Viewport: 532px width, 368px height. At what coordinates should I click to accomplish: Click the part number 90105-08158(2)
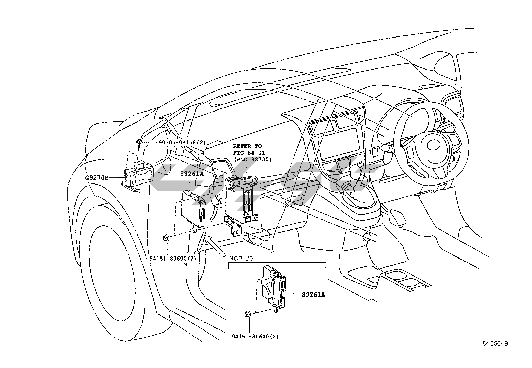pyautogui.click(x=182, y=142)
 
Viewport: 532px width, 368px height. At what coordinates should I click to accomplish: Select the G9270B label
pyautogui.click(x=97, y=178)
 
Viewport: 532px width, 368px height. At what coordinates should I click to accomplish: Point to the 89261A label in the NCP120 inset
pyautogui.click(x=313, y=295)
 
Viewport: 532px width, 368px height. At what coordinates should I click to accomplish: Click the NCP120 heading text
pyautogui.click(x=241, y=258)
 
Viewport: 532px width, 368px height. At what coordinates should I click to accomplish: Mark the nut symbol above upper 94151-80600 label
pyautogui.click(x=165, y=238)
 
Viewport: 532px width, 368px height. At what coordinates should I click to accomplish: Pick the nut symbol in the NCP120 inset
pyautogui.click(x=248, y=314)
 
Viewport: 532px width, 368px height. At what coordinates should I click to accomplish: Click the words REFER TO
pyautogui.click(x=247, y=146)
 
